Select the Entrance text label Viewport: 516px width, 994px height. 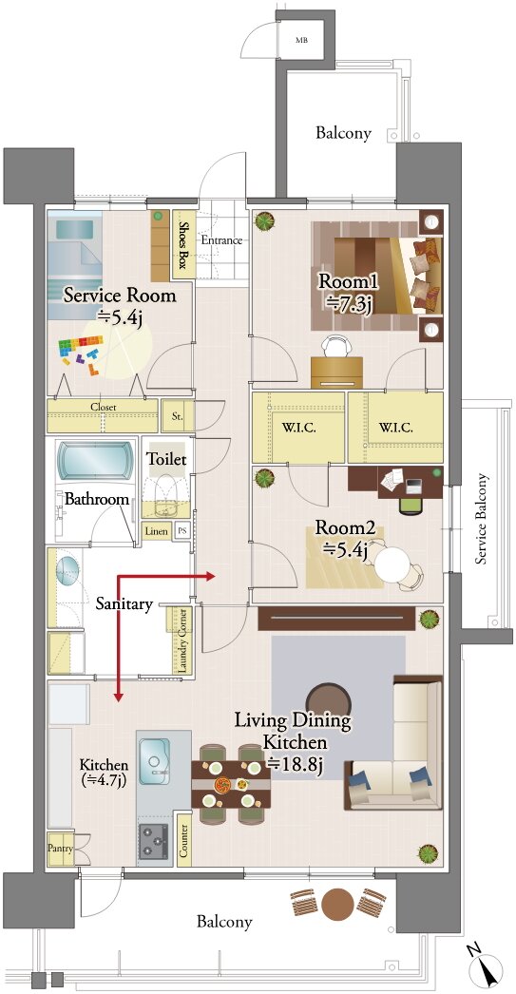pos(221,240)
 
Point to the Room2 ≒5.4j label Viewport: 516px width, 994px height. pos(342,538)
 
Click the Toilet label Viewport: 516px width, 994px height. pos(166,458)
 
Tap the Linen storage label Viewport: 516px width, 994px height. pos(157,530)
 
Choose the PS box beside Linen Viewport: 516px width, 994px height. pos(182,530)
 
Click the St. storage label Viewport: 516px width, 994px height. pos(178,416)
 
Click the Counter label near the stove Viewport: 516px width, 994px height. pos(184,840)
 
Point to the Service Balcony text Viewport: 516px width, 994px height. pos(483,518)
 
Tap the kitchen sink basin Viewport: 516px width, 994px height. pos(153,762)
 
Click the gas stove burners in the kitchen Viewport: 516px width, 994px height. pos(153,842)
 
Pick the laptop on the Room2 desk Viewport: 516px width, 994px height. pos(412,487)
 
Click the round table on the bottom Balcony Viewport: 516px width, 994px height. pos(338,906)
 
